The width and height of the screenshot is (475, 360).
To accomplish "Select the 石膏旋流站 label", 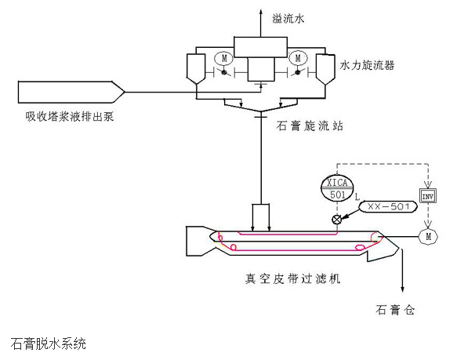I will (x=307, y=125).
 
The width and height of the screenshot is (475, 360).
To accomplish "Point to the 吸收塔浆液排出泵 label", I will (x=71, y=116).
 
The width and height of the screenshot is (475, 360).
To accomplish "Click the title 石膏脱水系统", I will (x=49, y=344).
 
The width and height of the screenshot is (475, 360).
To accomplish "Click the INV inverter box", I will (x=428, y=195).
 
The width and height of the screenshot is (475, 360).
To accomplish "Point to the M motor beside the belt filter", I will (x=428, y=235).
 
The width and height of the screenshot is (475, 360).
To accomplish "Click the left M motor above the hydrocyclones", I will (x=223, y=59).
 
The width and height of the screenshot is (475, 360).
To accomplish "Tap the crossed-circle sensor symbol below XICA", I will (x=338, y=220).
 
